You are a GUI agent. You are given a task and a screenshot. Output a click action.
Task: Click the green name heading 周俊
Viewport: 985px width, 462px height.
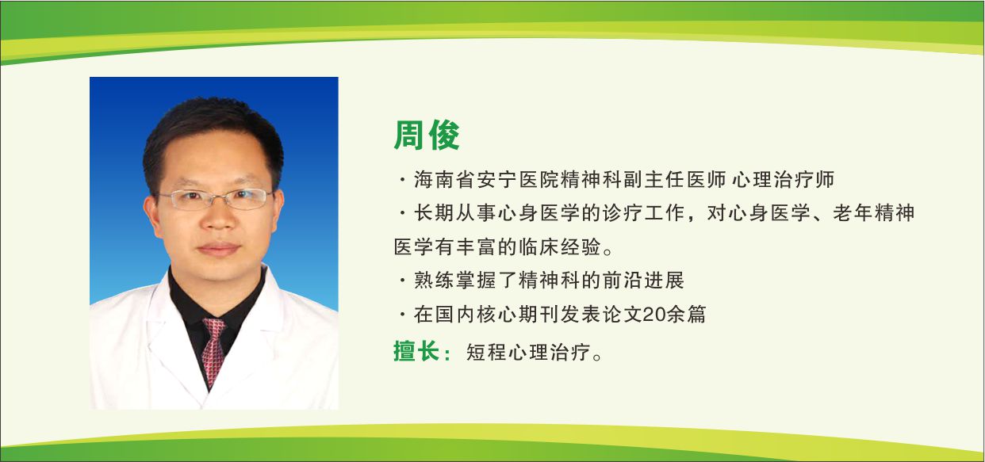(427, 136)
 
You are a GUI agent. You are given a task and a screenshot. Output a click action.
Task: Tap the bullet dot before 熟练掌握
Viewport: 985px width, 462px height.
(403, 281)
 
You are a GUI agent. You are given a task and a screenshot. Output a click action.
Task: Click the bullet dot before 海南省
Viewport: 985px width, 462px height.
(403, 181)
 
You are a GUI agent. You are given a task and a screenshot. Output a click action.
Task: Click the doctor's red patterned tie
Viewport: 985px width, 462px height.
(213, 349)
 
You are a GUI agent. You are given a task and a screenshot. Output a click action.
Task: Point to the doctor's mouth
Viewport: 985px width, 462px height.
(218, 249)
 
